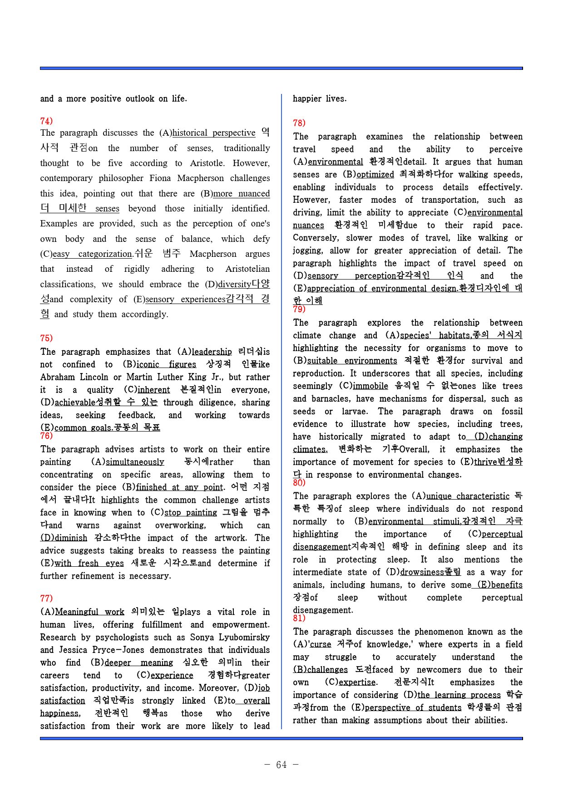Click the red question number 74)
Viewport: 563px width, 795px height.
(46, 121)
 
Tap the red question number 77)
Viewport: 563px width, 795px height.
(46, 599)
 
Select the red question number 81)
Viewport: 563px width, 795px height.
(299, 618)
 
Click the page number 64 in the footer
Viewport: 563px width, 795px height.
(281, 765)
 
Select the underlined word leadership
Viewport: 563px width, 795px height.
(212, 352)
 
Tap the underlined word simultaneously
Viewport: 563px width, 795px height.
(135, 462)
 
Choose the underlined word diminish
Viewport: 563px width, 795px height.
(70, 538)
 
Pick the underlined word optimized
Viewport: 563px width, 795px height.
(375, 175)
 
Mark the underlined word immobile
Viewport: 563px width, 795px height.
(370, 386)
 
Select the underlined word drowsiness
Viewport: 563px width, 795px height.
(422, 573)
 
